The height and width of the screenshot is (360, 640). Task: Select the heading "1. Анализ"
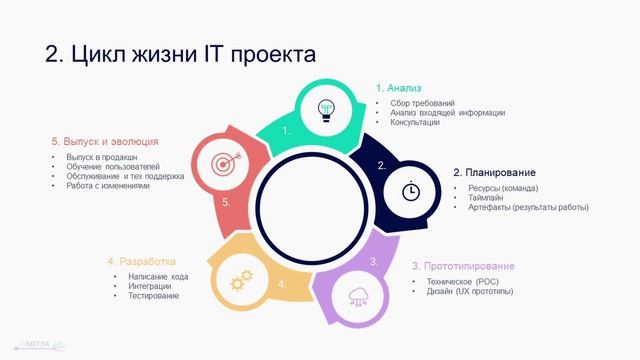pos(398,88)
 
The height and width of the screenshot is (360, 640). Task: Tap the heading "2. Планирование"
pos(501,172)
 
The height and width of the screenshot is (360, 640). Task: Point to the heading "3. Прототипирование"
pos(463,266)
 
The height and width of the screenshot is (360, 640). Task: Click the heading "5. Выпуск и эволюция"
pos(105,142)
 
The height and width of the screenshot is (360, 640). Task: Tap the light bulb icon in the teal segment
pos(326,109)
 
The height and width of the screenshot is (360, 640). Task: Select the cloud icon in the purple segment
pos(358,295)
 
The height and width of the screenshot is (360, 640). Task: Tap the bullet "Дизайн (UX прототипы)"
pos(462,291)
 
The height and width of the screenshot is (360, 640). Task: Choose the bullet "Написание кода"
pos(158,276)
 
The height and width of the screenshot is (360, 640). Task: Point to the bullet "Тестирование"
pos(153,296)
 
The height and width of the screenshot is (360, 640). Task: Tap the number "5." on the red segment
pos(227,203)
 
